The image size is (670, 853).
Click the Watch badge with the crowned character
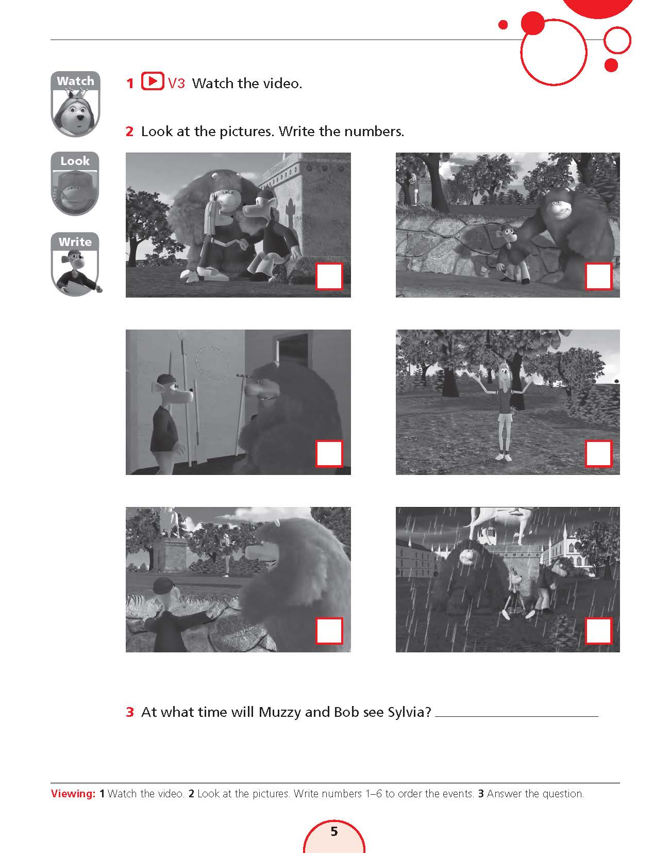pos(75,104)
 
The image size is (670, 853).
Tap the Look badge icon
pos(75,183)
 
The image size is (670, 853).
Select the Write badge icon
pos(76,264)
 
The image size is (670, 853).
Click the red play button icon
pos(152,81)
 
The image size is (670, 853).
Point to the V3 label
pos(177,83)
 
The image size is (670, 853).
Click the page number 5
pos(334,831)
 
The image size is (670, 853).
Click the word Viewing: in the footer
pos(73,794)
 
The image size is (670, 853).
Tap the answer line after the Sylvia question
pos(516,716)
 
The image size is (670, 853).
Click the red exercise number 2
pos(129,132)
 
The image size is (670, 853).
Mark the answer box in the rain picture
pos(598,631)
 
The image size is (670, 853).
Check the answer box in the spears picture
pos(329,454)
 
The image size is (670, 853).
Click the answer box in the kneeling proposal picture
pos(329,276)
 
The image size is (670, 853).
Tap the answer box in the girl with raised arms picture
pos(598,454)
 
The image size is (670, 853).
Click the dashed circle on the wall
pos(212,364)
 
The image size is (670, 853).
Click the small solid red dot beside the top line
pos(503,25)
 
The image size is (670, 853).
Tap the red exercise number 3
pos(130,712)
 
